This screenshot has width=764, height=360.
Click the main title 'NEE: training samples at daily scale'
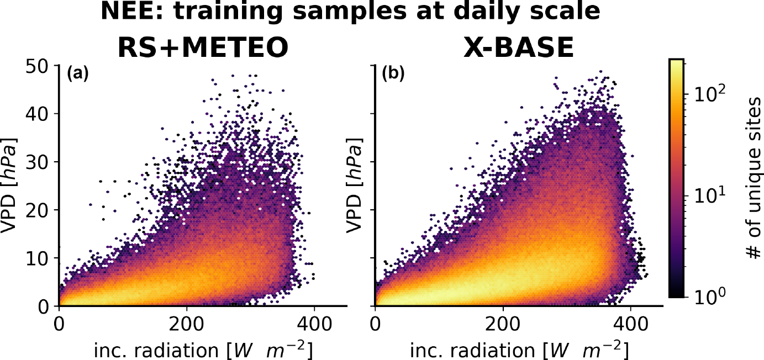point(350,12)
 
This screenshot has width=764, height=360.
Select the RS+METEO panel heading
point(203,48)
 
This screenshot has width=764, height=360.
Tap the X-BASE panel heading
point(518,48)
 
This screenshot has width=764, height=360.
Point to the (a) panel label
point(78,73)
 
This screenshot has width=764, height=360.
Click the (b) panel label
point(393,73)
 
